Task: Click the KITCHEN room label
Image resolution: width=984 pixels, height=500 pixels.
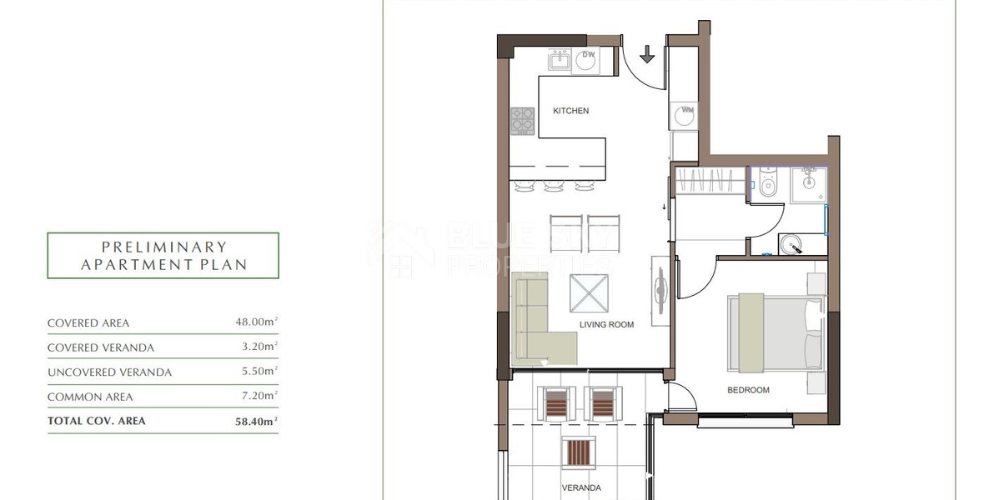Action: pyautogui.click(x=570, y=111)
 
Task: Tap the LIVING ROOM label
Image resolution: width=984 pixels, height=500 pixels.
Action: pyautogui.click(x=607, y=325)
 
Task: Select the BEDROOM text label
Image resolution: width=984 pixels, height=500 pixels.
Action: pyautogui.click(x=748, y=390)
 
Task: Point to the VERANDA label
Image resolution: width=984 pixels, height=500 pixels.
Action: pyautogui.click(x=581, y=488)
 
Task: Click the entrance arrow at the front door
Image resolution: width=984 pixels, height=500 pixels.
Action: pyautogui.click(x=647, y=55)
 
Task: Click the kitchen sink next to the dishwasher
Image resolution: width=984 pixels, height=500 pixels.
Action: pyautogui.click(x=559, y=61)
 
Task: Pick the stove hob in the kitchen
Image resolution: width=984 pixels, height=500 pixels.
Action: pyautogui.click(x=523, y=121)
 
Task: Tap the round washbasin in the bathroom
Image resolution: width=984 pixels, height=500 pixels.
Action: pyautogui.click(x=792, y=244)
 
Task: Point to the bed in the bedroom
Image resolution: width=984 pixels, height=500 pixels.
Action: pyautogui.click(x=776, y=332)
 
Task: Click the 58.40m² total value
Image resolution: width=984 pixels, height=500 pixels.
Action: pyautogui.click(x=256, y=422)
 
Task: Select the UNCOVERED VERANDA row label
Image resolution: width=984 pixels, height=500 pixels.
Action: pyautogui.click(x=109, y=372)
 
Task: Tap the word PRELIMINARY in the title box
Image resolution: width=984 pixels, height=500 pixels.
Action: pyautogui.click(x=163, y=247)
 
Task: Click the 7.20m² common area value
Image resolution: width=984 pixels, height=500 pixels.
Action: pyautogui.click(x=259, y=397)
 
